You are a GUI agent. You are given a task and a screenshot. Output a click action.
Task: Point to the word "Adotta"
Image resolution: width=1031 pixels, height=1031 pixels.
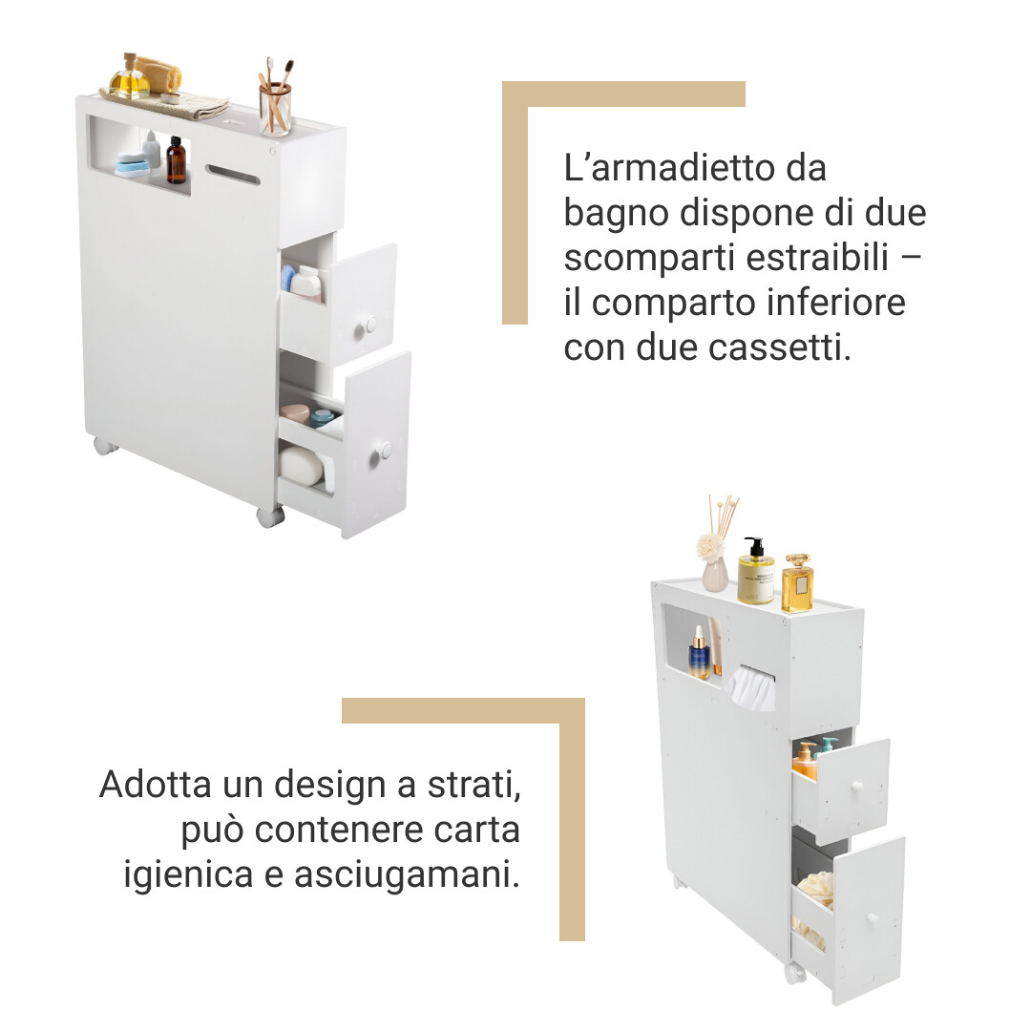point(156,785)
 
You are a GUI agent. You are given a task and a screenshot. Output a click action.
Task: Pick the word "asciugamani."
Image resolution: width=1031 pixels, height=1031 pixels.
point(407,875)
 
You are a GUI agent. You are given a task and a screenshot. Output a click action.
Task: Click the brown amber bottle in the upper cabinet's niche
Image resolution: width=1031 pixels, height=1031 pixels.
point(176,160)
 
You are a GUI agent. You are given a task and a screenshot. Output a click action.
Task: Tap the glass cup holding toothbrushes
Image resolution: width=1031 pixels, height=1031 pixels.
point(275,109)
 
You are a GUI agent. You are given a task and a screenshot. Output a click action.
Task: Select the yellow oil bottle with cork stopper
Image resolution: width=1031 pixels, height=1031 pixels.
point(130,77)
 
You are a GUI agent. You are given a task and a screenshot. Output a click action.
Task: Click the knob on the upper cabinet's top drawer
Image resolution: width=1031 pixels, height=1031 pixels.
point(369,326)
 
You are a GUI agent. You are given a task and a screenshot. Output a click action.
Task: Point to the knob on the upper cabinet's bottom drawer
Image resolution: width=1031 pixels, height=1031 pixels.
point(385,451)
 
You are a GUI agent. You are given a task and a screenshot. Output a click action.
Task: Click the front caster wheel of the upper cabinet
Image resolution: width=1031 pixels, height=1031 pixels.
point(270,516)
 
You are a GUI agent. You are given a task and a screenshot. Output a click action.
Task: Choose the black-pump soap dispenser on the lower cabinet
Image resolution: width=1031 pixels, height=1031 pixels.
point(755,571)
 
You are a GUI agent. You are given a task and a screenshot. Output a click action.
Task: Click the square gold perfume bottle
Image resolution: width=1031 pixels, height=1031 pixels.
point(797,583)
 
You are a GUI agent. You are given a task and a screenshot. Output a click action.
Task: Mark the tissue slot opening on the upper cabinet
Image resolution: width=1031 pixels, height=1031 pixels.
point(233,175)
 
